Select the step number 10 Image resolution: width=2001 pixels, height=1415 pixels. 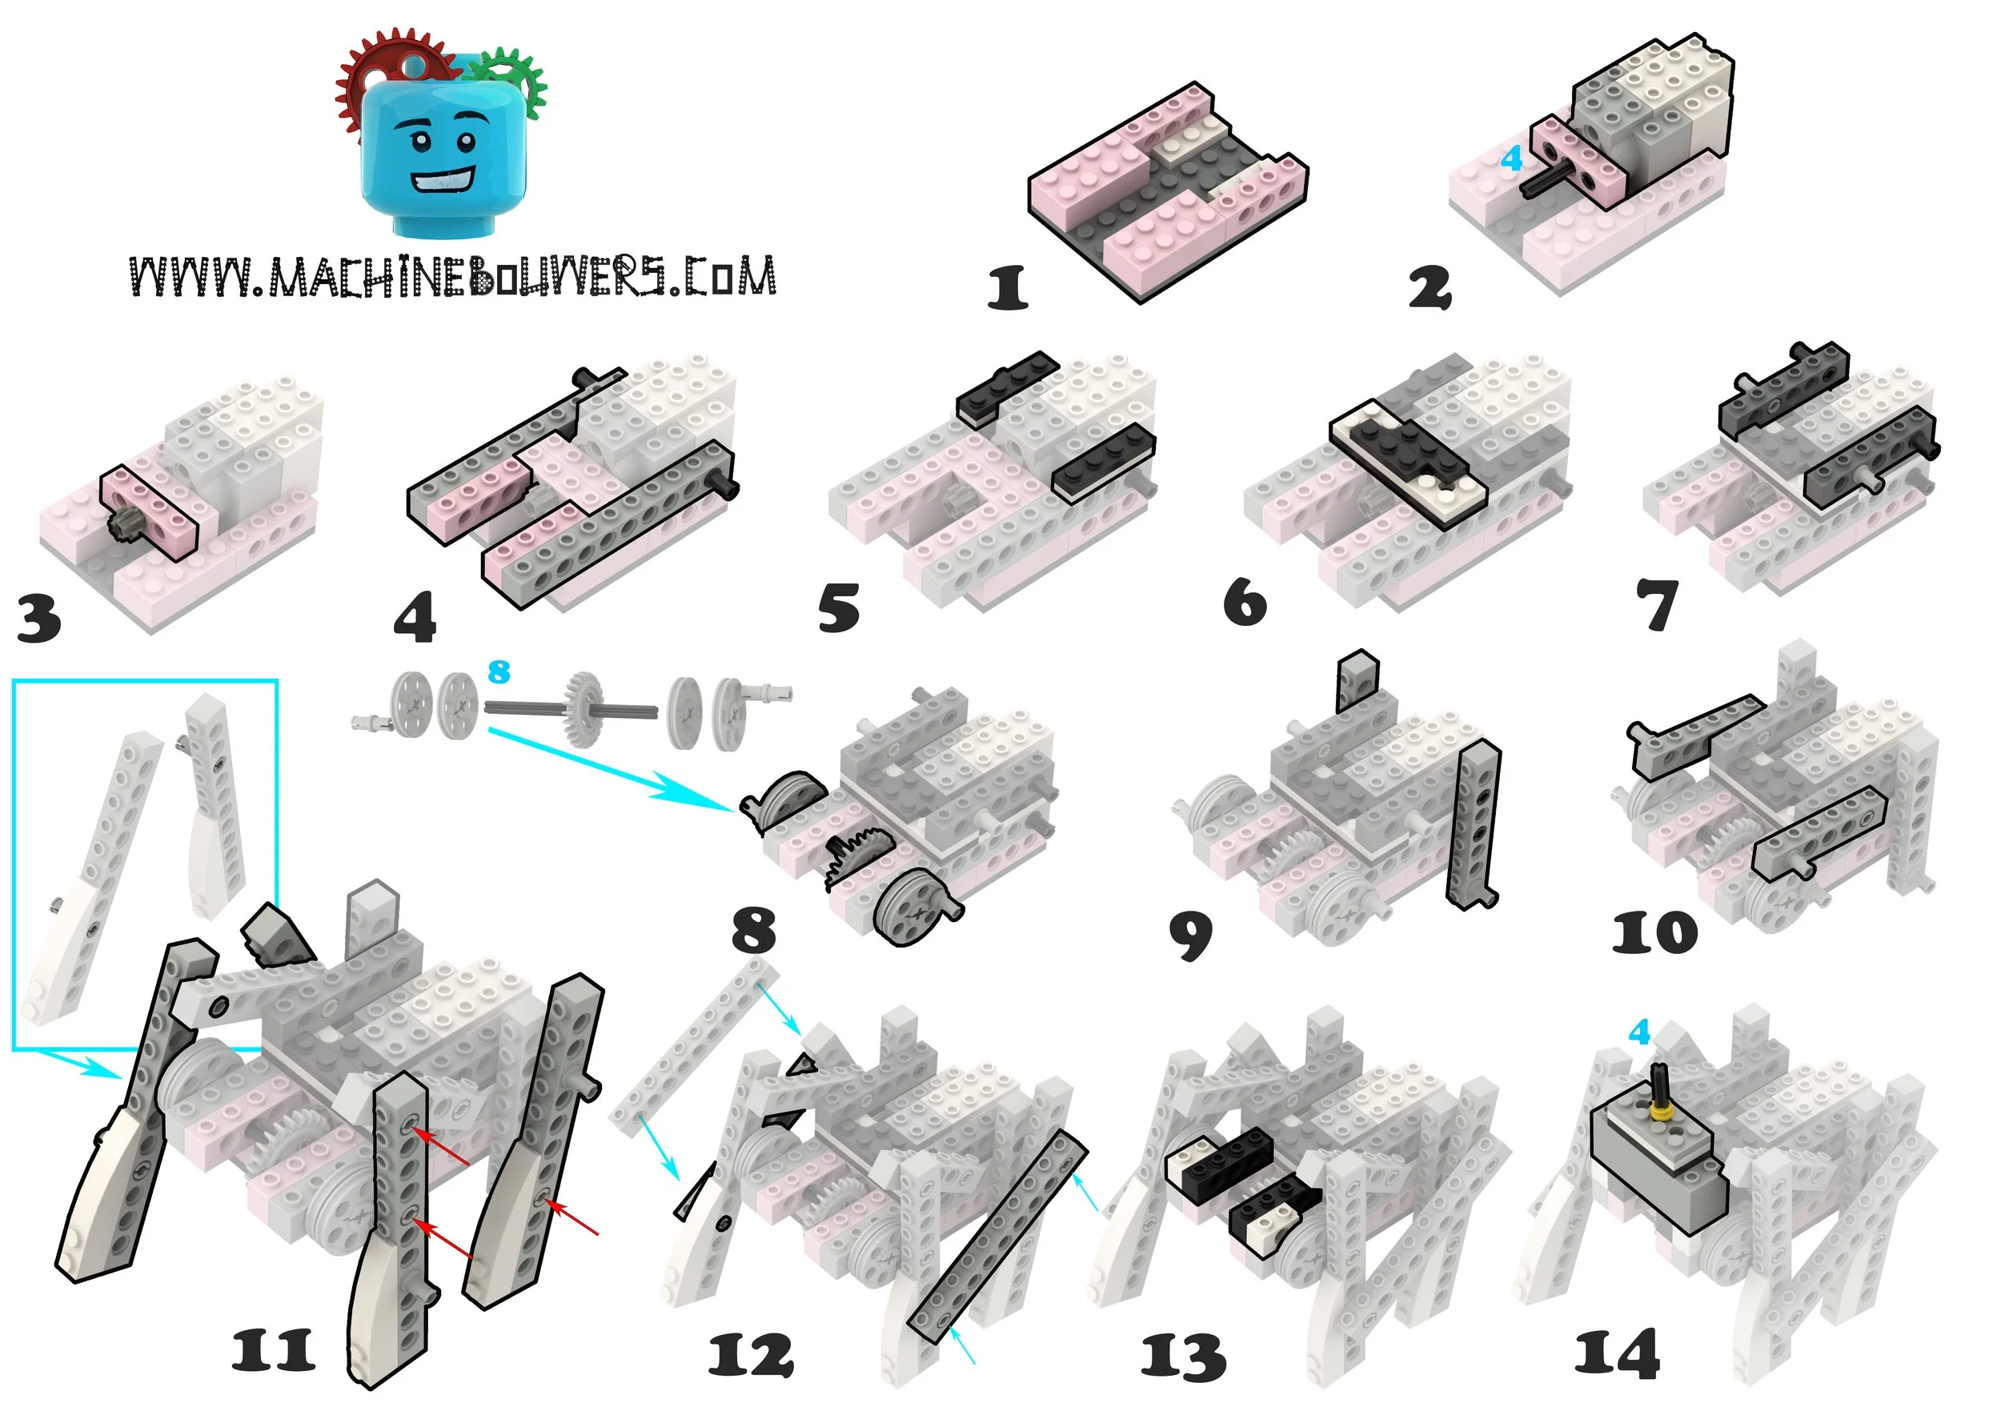click(1654, 933)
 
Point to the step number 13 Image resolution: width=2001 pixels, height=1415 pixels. click(1184, 1357)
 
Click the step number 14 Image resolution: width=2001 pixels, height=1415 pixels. click(1617, 1354)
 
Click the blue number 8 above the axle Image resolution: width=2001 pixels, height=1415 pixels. click(499, 671)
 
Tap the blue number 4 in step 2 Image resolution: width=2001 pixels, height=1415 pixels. click(1511, 158)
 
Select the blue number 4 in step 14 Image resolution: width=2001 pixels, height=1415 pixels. click(1639, 1032)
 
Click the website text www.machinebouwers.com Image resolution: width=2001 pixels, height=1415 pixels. click(452, 277)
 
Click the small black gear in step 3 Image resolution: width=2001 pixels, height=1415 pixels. click(121, 525)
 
